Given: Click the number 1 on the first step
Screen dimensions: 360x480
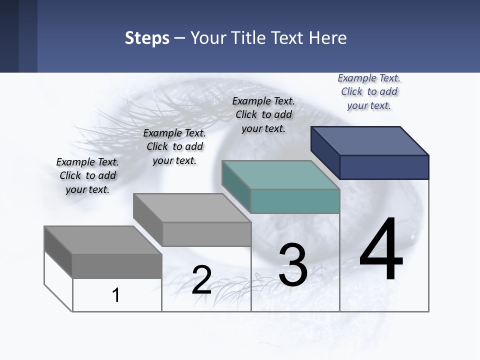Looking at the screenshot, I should click(116, 295).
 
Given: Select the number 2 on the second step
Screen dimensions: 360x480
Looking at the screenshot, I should click(201, 280).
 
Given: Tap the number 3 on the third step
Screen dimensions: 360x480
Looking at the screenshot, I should click(292, 265).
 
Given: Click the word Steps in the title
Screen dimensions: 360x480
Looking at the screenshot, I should click(147, 38).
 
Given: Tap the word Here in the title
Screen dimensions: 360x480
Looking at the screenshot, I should click(327, 38).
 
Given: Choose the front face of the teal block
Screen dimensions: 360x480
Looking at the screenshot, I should click(295, 201).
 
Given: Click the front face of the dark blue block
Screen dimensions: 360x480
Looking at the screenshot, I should click(384, 167).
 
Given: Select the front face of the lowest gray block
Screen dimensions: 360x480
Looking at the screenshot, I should click(117, 266).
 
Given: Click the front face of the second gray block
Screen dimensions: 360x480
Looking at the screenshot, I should click(206, 234).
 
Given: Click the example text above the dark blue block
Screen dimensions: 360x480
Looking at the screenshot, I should click(369, 91).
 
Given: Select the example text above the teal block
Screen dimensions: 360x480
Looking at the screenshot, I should click(263, 114).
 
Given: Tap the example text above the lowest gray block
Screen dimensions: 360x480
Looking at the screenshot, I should click(87, 175).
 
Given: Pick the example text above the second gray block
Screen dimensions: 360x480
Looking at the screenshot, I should click(174, 146).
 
